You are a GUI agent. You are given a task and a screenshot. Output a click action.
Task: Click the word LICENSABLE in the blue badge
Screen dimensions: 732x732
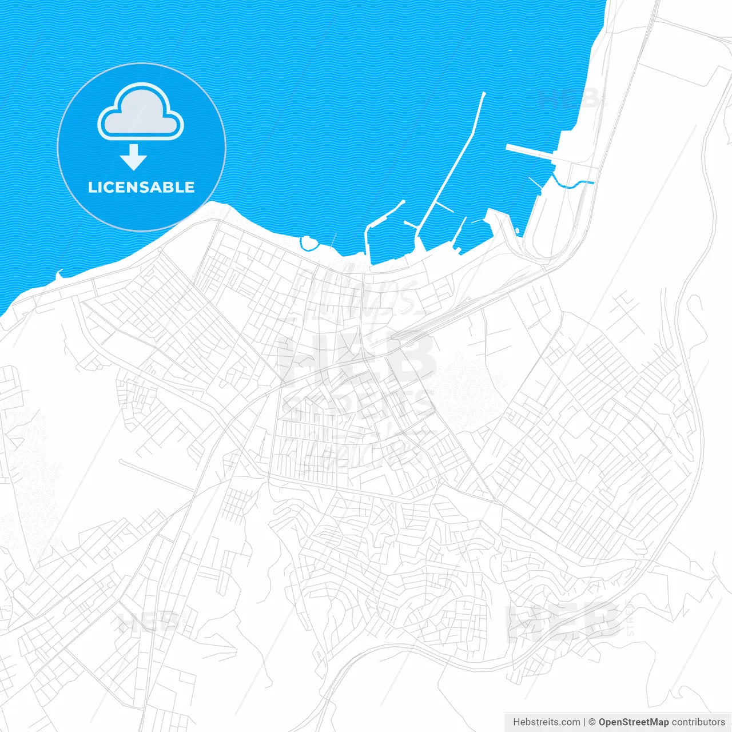pos(141,188)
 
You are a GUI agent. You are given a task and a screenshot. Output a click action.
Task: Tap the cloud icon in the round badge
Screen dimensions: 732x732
pos(141,112)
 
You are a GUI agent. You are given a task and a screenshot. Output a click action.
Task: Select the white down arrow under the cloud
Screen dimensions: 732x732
pos(134,157)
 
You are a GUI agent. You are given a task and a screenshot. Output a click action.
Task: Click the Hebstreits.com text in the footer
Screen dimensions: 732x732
pos(546,722)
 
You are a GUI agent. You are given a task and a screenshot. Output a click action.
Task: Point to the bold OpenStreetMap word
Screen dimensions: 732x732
pos(633,722)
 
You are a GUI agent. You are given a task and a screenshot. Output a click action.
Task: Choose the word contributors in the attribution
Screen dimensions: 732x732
pos(698,722)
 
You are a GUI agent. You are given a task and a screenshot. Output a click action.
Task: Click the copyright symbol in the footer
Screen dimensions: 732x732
pos(592,722)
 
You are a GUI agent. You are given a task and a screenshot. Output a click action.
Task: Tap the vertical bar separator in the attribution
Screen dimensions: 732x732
pos(585,722)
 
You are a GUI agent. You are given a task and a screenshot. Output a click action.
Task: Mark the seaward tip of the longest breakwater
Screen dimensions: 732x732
pos(483,93)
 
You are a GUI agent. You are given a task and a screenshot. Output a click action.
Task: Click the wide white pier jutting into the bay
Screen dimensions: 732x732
pos(529,152)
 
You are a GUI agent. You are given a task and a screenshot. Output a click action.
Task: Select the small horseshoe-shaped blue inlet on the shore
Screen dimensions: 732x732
pos(308,244)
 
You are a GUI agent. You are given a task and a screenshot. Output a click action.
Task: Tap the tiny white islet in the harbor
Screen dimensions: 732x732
pos(517,231)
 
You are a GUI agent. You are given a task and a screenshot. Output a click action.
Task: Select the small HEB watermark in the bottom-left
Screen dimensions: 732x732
pos(148,622)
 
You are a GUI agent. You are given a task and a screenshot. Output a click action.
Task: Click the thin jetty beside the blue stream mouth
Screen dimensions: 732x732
pos(536,184)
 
